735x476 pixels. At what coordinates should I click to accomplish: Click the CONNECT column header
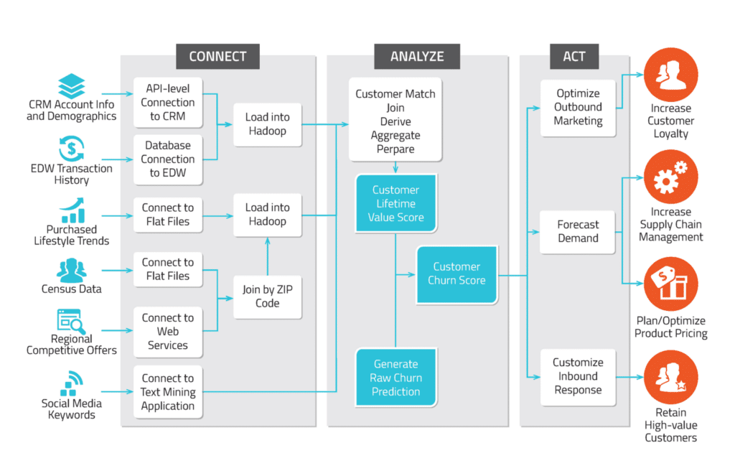(x=217, y=57)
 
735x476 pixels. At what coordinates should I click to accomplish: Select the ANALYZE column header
(x=417, y=57)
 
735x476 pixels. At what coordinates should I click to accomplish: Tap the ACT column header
(x=574, y=57)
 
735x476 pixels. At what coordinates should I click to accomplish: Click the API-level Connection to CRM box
(x=168, y=103)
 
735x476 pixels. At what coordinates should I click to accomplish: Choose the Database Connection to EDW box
(x=168, y=159)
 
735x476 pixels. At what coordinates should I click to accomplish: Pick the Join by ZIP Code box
(x=267, y=297)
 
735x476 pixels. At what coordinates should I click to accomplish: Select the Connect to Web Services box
(x=168, y=332)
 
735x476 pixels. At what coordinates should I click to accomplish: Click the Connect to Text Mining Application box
(x=168, y=392)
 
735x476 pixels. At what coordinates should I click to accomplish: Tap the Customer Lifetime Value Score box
(x=395, y=204)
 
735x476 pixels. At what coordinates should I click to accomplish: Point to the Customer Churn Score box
(x=457, y=274)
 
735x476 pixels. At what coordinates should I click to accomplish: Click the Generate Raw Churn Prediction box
(x=395, y=378)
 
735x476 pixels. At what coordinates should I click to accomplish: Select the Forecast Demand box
(x=578, y=232)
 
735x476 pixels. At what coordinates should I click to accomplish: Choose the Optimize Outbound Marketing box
(x=578, y=107)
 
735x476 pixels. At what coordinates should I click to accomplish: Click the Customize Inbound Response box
(x=578, y=376)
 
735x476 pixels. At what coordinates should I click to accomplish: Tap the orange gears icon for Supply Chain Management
(x=670, y=177)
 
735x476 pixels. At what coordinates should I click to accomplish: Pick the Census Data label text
(x=71, y=289)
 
